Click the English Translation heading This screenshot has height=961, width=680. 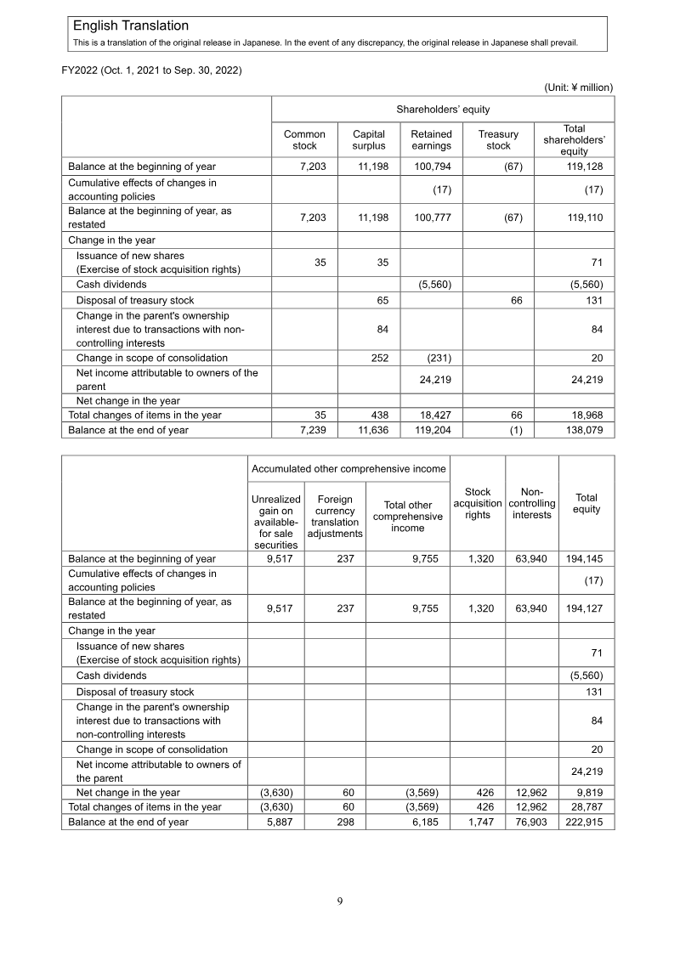131,26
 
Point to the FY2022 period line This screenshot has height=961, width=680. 152,70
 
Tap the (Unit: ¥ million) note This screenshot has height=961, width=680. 578,87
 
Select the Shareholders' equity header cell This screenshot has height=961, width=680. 443,109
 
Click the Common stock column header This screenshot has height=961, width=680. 304,140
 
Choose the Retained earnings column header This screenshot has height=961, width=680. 431,140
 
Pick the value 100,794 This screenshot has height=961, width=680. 433,167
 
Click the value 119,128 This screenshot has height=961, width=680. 585,167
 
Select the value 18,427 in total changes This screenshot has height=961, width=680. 434,415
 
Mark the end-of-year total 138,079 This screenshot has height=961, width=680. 585,430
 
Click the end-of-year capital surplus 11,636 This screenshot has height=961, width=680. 370,430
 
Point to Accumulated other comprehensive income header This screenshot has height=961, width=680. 348,468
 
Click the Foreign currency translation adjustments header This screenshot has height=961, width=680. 335,517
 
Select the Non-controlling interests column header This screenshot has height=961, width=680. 532,503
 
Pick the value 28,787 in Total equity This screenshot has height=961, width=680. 587,806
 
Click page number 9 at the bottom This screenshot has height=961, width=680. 339,902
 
